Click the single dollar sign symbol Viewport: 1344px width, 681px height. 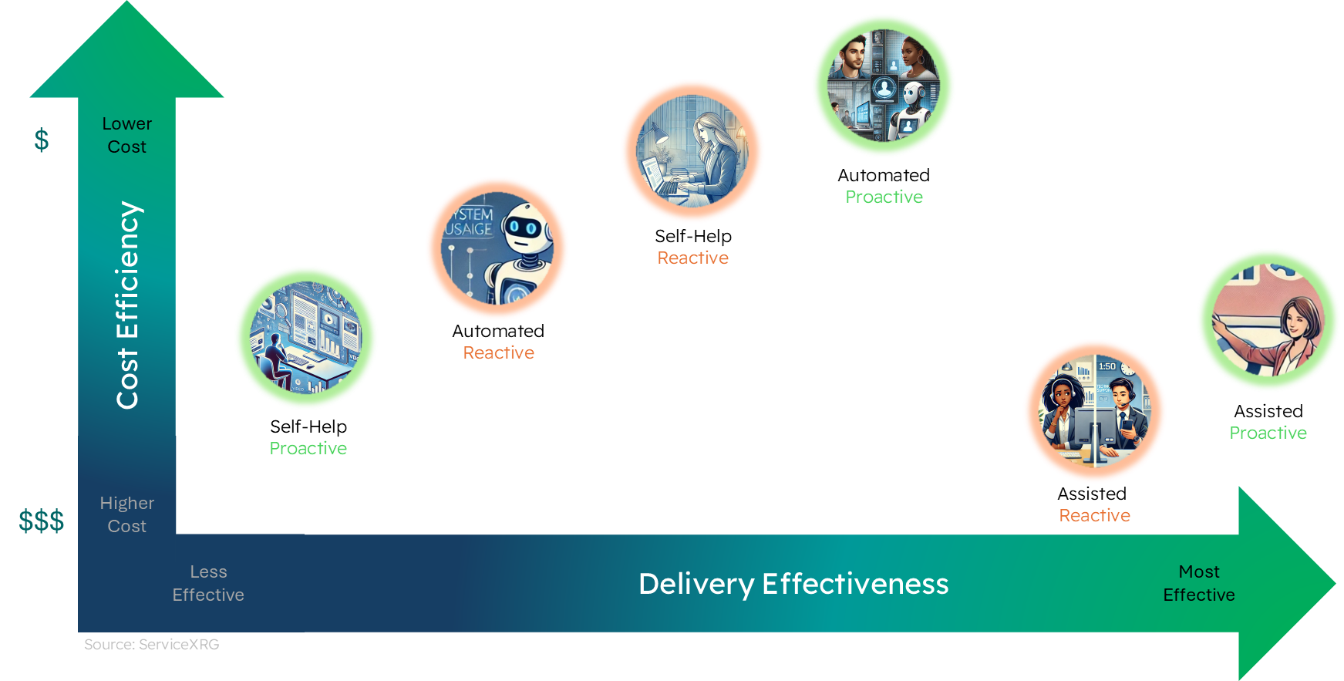tap(42, 140)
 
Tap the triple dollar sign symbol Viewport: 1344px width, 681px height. tap(42, 521)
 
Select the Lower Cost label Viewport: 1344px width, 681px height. tap(127, 135)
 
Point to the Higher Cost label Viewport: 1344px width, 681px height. tap(127, 514)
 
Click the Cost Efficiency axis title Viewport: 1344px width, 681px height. tap(127, 305)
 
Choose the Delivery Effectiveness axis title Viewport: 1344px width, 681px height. tap(793, 584)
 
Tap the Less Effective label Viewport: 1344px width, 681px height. tap(208, 583)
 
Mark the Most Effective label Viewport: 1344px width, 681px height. tap(1198, 583)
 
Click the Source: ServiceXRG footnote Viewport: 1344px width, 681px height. tap(152, 644)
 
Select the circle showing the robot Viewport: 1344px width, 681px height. tap(497, 248)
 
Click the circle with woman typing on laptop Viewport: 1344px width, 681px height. tap(692, 151)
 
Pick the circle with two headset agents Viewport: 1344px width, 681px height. tap(1095, 411)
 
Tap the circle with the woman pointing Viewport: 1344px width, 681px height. tap(1268, 320)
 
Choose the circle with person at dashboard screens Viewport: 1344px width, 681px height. tap(306, 338)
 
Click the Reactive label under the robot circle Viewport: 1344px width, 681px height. tap(498, 352)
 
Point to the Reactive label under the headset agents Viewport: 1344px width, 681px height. tap(1095, 515)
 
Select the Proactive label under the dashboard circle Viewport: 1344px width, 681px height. tap(308, 448)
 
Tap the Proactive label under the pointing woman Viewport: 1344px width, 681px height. tap(1268, 433)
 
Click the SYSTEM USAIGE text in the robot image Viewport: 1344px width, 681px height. tap(470, 221)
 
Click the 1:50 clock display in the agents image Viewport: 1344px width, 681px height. tap(1107, 366)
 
